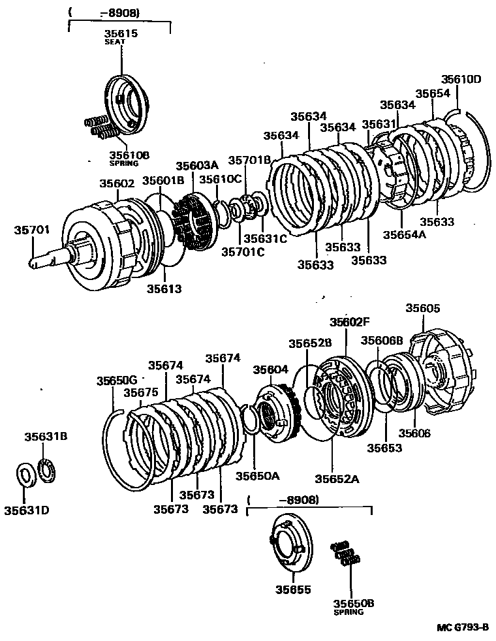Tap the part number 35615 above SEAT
click(121, 33)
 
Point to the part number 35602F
click(349, 322)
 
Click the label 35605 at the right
click(423, 308)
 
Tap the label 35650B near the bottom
click(353, 604)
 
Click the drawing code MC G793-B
click(462, 628)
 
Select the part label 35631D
click(28, 510)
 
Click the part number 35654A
click(404, 234)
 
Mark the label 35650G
click(117, 381)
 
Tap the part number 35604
click(271, 369)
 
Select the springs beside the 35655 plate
click(345, 553)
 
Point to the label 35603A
click(194, 166)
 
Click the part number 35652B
click(311, 343)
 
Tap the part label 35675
click(141, 392)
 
